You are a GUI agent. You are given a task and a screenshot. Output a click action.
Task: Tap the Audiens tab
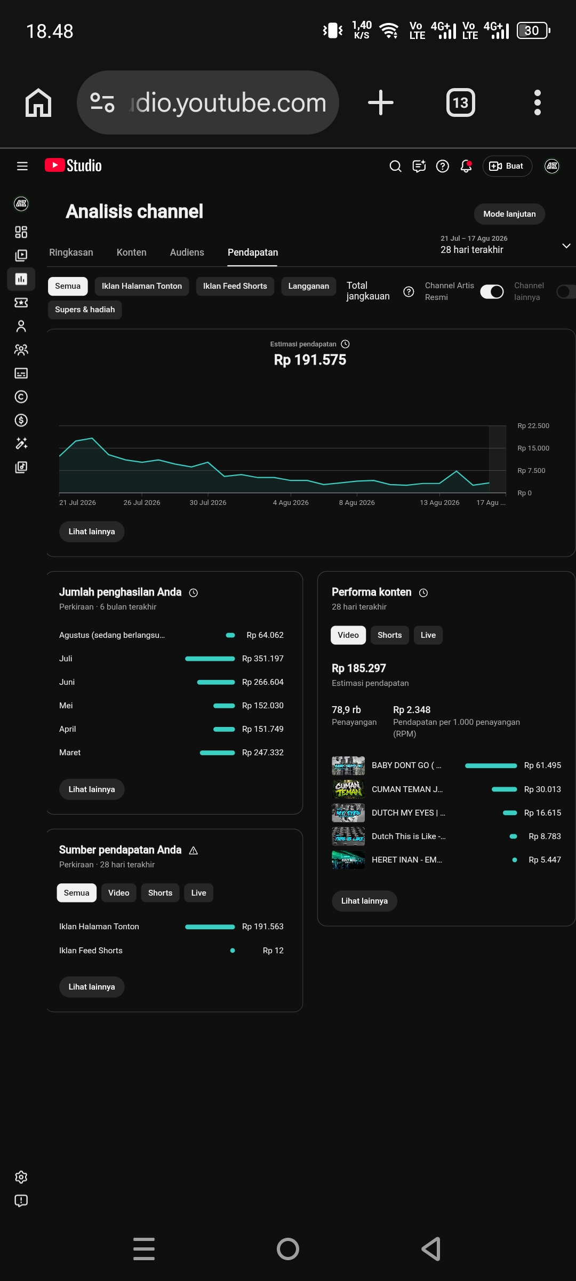click(187, 252)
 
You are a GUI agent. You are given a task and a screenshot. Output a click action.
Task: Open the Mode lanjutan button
click(509, 214)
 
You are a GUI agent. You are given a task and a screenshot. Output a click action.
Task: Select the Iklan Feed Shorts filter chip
click(235, 286)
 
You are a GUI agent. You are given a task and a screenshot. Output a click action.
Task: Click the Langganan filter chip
click(308, 286)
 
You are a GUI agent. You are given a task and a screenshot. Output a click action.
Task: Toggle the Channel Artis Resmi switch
click(492, 291)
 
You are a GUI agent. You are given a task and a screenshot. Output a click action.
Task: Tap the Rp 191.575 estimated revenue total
click(310, 360)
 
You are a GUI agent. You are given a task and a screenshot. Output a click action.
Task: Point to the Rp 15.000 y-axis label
click(533, 448)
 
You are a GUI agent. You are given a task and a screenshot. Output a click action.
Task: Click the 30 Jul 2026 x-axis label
click(208, 503)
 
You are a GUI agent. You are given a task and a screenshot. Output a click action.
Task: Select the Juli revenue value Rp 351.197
click(262, 659)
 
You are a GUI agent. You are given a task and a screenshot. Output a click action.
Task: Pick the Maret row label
click(70, 753)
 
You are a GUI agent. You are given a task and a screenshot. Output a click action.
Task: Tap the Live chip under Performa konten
click(428, 635)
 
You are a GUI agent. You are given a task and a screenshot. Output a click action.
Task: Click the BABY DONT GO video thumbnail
click(348, 765)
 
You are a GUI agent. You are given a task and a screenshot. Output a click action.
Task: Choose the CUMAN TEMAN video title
click(407, 789)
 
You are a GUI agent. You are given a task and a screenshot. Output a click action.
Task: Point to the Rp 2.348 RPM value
click(412, 710)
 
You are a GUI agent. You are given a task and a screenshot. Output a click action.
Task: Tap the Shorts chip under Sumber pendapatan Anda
click(160, 893)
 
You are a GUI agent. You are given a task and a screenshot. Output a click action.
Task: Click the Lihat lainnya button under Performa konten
click(364, 901)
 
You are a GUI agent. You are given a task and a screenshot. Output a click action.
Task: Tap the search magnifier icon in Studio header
click(395, 167)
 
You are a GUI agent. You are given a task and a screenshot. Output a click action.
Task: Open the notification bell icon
click(466, 167)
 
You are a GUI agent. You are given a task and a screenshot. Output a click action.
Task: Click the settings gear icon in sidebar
click(21, 1177)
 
